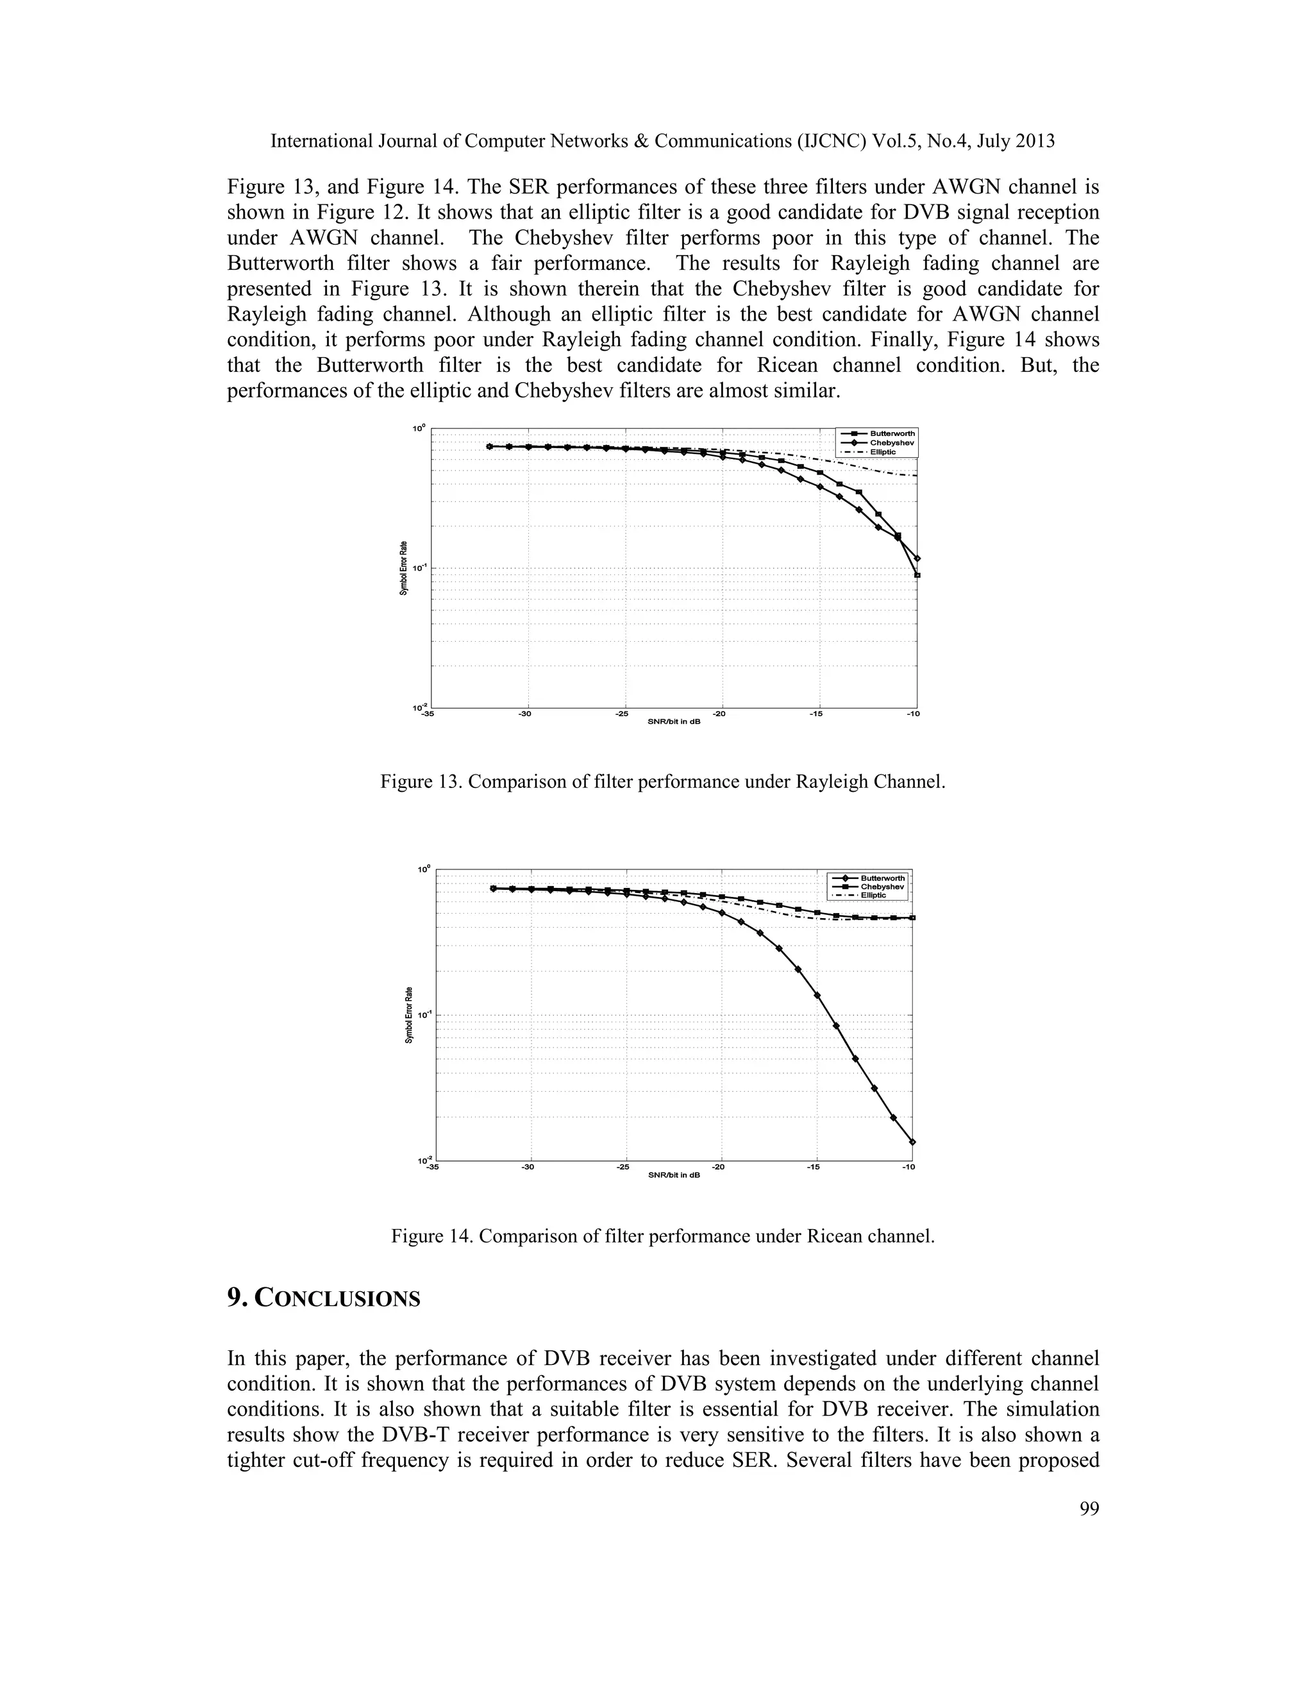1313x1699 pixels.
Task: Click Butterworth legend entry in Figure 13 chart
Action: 891,433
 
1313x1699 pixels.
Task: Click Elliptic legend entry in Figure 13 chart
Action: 882,452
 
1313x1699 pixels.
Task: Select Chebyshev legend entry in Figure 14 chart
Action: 882,886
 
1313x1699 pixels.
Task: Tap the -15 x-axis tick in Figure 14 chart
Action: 813,1167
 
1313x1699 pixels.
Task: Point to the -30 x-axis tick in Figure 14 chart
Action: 528,1167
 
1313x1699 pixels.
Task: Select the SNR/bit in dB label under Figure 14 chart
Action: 674,1175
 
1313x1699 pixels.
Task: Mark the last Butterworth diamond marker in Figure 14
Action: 912,1142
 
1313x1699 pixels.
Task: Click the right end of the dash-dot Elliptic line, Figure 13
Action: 916,475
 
